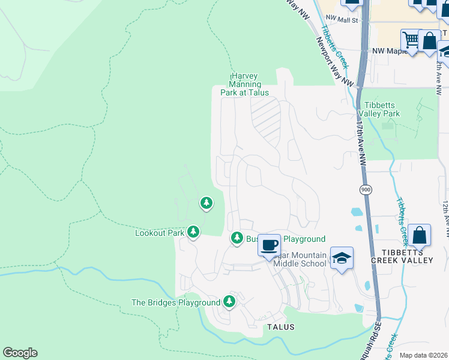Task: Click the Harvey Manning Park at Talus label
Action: tap(244, 85)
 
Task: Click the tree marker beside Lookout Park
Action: tap(193, 232)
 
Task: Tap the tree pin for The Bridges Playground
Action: tap(229, 301)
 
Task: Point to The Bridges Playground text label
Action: tap(176, 303)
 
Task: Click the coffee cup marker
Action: tap(270, 245)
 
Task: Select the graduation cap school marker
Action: tap(342, 258)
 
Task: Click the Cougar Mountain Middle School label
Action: tap(300, 259)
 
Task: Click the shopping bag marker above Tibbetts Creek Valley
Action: tap(420, 235)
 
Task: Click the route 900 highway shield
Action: tap(365, 190)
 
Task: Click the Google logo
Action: tap(20, 353)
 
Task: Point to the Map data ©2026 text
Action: tap(423, 355)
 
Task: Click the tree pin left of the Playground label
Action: tap(237, 239)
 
